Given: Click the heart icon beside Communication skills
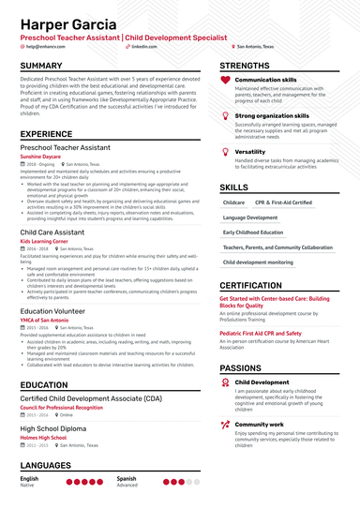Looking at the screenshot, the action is pos(225,81).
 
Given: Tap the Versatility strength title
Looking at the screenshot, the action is pos(250,151).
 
